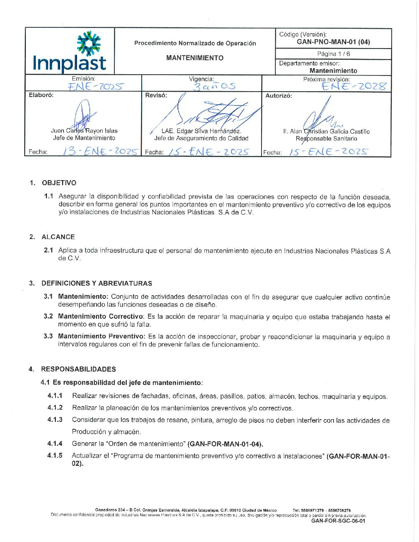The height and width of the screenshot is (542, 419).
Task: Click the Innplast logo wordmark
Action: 69,63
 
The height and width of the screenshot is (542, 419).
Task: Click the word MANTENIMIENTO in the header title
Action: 194,58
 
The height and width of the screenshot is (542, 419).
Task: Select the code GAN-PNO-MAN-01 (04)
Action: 333,42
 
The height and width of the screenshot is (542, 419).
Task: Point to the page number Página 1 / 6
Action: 334,54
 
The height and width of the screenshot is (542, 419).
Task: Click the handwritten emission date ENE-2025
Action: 96,87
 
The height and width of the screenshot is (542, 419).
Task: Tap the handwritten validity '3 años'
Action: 214,86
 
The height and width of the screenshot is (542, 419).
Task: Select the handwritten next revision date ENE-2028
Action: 354,86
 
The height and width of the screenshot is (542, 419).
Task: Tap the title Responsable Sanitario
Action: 326,139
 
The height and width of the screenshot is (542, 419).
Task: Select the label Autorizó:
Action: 278,95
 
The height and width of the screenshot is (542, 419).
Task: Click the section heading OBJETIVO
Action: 59,183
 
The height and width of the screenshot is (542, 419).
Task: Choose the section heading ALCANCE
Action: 58,237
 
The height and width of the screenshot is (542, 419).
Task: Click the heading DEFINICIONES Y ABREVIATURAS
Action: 97,283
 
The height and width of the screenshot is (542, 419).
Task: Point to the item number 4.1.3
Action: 55,420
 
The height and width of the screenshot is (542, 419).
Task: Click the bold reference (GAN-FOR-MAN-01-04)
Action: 225,444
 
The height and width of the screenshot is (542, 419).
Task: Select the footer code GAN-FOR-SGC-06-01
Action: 338,521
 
